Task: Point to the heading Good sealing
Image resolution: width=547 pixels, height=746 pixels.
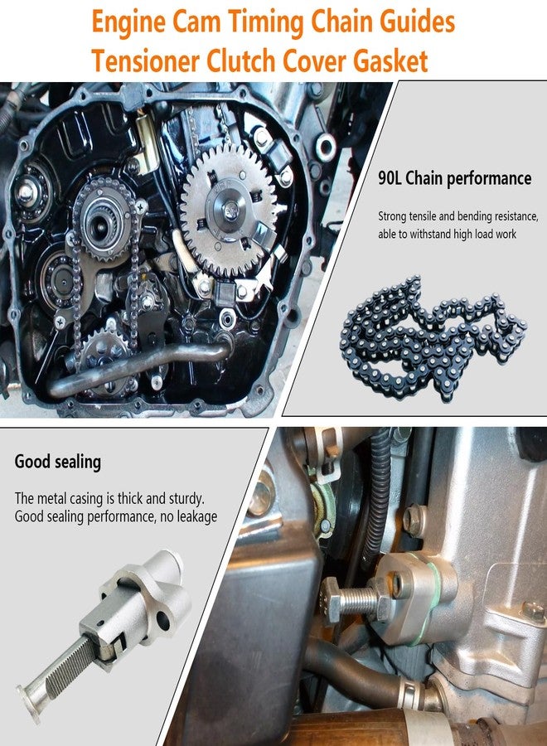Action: click(x=58, y=462)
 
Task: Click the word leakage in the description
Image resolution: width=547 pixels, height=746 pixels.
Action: click(x=196, y=516)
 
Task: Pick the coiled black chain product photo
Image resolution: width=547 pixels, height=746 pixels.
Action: click(x=433, y=339)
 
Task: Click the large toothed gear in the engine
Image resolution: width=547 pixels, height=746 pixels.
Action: click(x=228, y=211)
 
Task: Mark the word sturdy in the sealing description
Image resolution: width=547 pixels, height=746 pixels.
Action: click(x=186, y=499)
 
